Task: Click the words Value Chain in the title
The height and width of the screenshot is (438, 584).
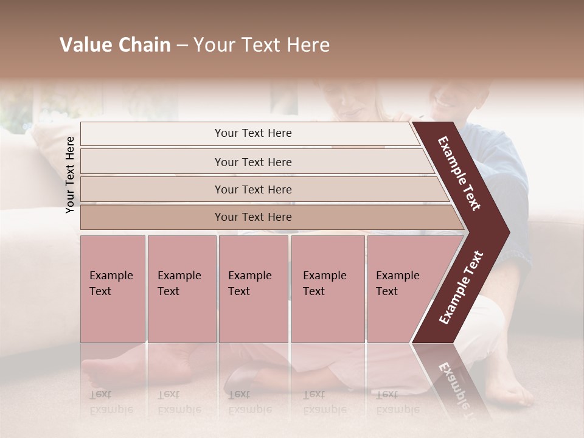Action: [115, 45]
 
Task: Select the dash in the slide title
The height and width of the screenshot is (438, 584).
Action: [182, 45]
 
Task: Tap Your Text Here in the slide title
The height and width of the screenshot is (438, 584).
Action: [262, 45]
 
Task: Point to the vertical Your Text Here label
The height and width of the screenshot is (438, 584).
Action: [70, 175]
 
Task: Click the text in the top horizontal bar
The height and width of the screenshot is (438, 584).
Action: [253, 133]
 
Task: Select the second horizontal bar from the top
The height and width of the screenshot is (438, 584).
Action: [253, 162]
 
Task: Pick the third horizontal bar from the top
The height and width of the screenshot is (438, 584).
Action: [253, 189]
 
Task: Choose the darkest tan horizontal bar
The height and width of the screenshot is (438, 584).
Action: [253, 217]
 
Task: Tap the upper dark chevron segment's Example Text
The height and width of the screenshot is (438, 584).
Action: [460, 173]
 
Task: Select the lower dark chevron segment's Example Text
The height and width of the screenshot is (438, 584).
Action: [461, 287]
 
